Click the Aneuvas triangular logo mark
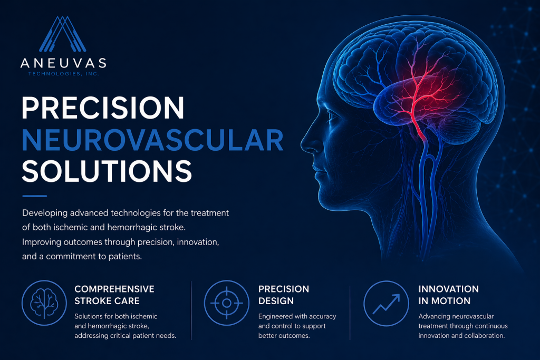click(63, 34)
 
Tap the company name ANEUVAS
click(63, 63)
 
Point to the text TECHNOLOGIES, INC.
click(64, 74)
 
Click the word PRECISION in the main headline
click(103, 108)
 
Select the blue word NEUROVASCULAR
click(152, 140)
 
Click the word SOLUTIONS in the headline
click(107, 171)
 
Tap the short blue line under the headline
click(34, 196)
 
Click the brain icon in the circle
click(44, 303)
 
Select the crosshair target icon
click(227, 303)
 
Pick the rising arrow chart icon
click(387, 303)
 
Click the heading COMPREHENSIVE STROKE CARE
click(114, 295)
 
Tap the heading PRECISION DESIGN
click(284, 295)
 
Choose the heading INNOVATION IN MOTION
click(448, 295)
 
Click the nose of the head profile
click(308, 143)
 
